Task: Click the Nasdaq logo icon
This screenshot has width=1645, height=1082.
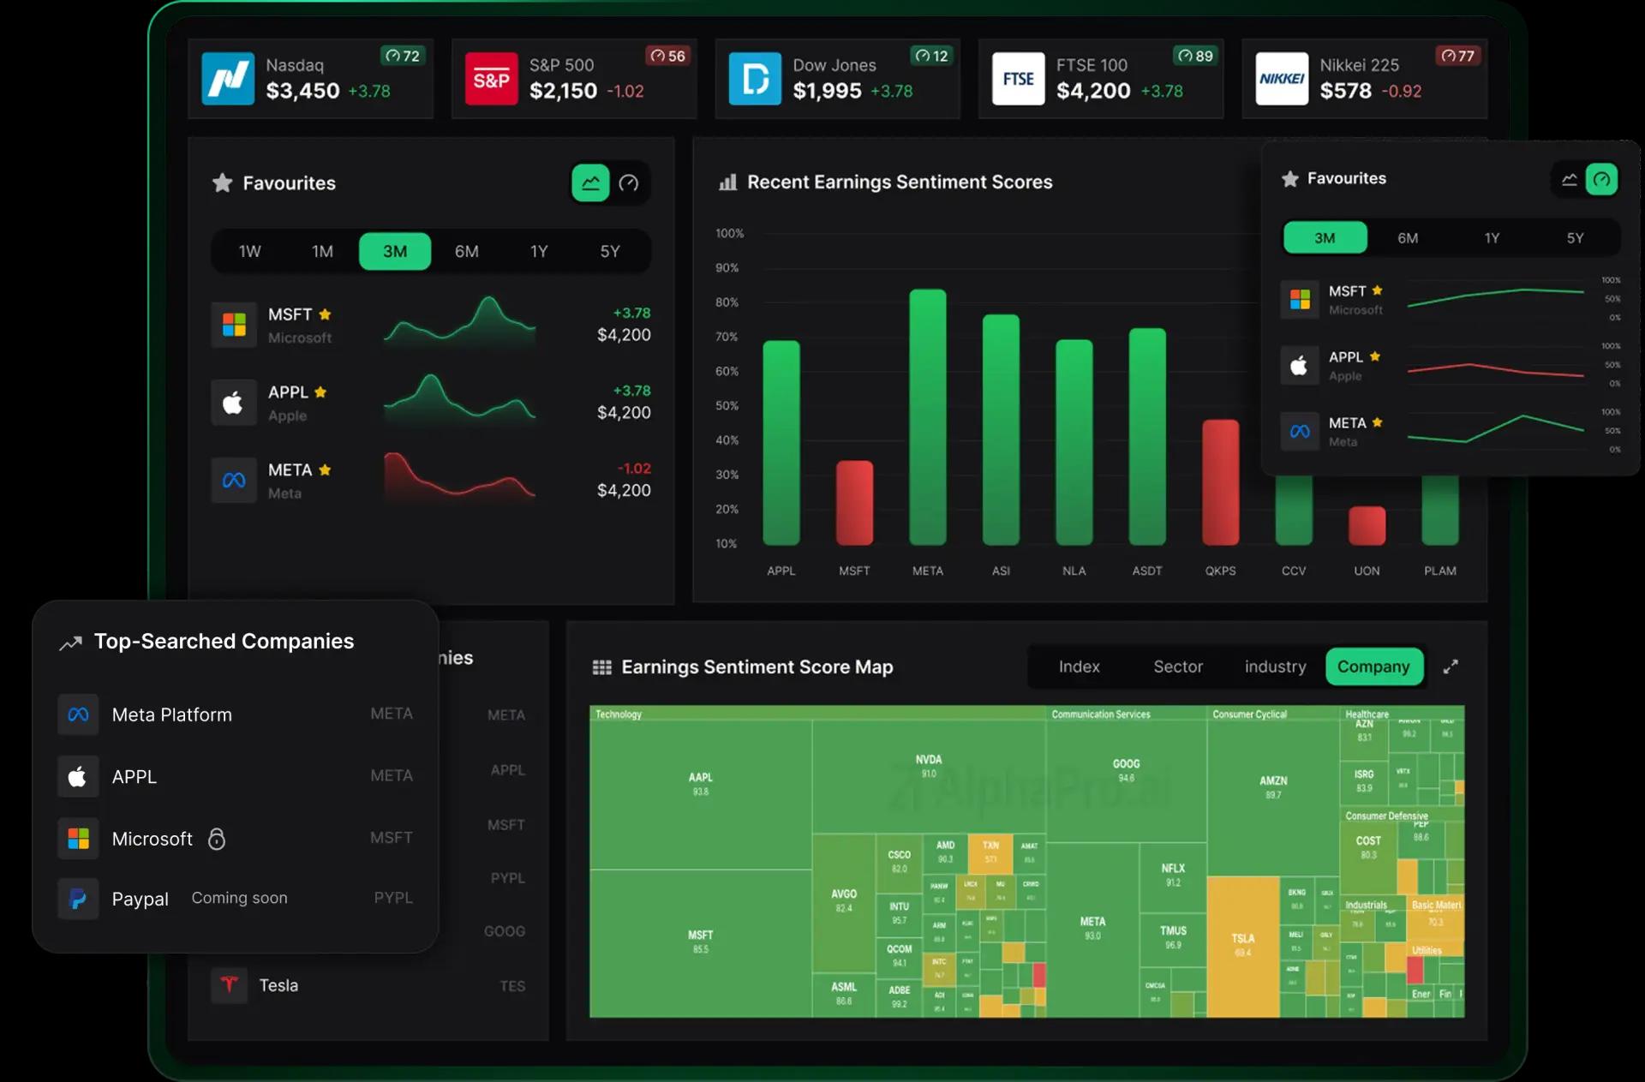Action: [228, 79]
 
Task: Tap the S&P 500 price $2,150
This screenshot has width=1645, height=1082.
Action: [563, 91]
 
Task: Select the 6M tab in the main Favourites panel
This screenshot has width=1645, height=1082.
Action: [466, 251]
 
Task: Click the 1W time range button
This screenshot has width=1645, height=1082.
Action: [249, 251]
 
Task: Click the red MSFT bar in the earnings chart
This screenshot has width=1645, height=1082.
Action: [854, 504]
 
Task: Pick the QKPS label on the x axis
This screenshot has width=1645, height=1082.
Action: [1220, 571]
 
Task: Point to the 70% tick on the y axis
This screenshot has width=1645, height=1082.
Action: [727, 337]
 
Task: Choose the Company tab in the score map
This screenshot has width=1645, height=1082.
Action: [1373, 667]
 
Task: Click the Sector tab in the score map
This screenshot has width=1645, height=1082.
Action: [1178, 667]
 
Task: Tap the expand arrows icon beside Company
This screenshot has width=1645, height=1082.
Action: [1451, 667]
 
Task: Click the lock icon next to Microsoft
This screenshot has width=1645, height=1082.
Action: [217, 839]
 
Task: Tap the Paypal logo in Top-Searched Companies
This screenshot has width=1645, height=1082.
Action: [78, 899]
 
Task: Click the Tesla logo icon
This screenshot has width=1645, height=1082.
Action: [229, 985]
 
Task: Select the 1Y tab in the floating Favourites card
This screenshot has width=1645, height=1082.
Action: [1492, 238]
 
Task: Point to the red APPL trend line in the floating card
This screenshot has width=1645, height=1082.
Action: [1495, 369]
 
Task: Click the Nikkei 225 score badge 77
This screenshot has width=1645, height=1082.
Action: [1457, 56]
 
